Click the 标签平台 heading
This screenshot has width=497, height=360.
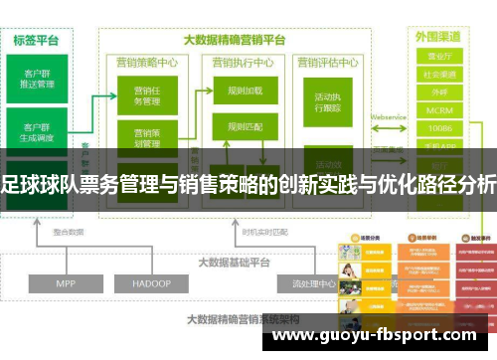pyautogui.click(x=37, y=41)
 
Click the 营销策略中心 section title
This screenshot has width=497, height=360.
pyautogui.click(x=148, y=61)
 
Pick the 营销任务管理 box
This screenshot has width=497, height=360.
pyautogui.click(x=147, y=95)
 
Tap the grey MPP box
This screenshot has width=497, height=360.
pyautogui.click(x=65, y=256)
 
